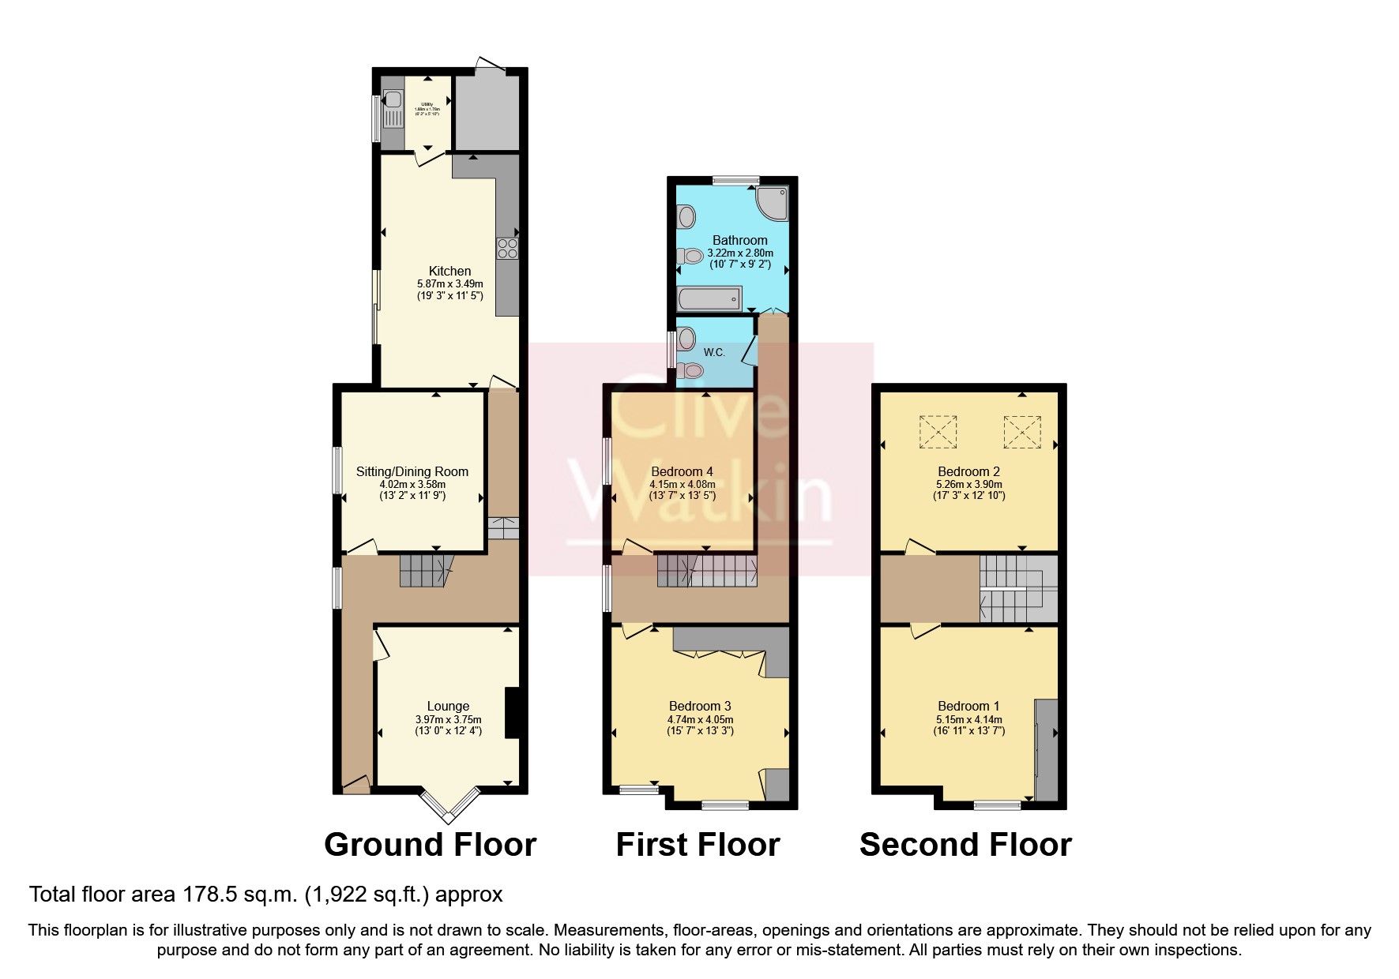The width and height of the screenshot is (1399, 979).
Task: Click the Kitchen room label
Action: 449,271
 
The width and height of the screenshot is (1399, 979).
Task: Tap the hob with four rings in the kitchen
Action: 507,249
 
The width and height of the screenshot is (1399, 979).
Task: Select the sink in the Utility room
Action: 393,101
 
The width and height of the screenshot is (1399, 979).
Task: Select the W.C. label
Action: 714,352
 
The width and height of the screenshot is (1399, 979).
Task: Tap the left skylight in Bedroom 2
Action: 938,432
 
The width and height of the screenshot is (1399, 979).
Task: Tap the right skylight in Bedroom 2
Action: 1022,432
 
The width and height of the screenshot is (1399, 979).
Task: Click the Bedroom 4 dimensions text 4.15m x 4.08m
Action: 683,484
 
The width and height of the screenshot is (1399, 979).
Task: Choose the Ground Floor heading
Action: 431,845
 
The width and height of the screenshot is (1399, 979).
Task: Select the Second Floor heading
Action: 965,845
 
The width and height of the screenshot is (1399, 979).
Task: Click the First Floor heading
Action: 698,845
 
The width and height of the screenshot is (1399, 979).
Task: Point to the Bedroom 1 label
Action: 968,706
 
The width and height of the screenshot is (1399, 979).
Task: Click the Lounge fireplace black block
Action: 512,713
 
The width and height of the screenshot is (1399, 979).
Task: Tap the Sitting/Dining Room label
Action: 412,471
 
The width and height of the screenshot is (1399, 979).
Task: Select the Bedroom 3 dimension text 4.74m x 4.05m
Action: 700,719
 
